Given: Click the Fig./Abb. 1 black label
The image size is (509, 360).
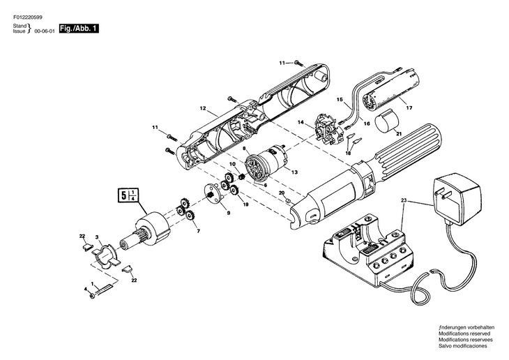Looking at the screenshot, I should pyautogui.click(x=79, y=28).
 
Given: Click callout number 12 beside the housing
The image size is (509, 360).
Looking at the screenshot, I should pyautogui.click(x=203, y=109).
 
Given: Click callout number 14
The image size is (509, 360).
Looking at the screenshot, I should pyautogui.click(x=302, y=123).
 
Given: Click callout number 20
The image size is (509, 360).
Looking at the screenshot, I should pyautogui.click(x=281, y=193).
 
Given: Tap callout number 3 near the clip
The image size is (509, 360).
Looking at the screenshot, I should pyautogui.click(x=97, y=238).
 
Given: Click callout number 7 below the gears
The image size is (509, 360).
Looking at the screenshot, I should pyautogui.click(x=198, y=230).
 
